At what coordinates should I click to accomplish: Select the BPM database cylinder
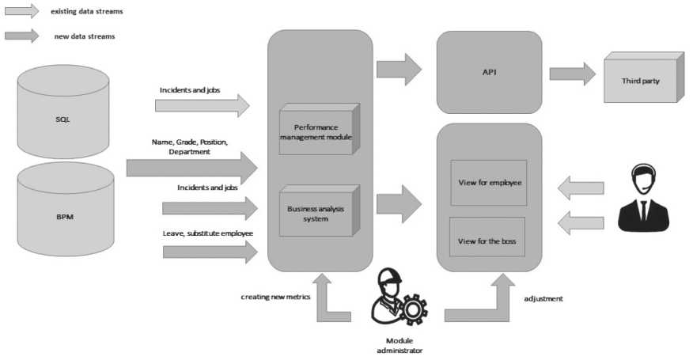pos(65,214)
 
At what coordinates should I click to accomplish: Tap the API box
pos(489,72)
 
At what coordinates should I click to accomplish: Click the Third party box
pos(640,80)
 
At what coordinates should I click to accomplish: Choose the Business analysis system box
pos(316,213)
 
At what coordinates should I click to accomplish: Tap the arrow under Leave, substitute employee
pos(210,252)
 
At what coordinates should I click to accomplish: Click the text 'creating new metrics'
pos(275,297)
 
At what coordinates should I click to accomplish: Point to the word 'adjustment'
pos(543,299)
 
